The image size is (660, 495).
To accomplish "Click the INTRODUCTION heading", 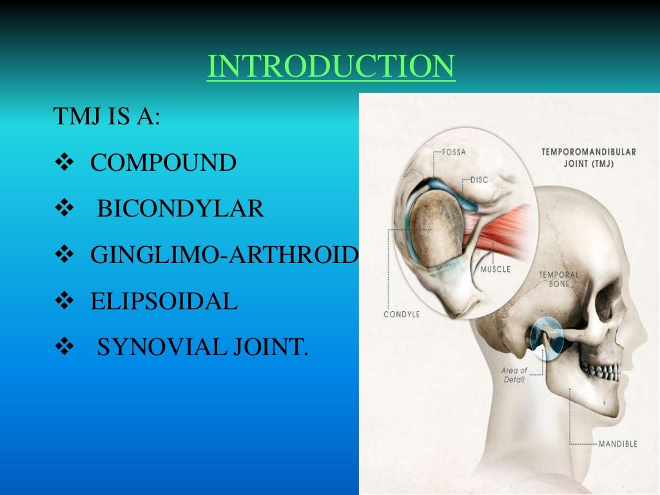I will (331, 67).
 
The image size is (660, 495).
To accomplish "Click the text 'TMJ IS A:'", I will (106, 118).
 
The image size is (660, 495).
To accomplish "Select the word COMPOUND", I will (163, 163).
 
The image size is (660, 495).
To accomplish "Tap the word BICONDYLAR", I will (180, 209).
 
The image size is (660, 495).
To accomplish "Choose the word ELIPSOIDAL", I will (164, 301).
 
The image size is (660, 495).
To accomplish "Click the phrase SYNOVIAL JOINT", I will (202, 347).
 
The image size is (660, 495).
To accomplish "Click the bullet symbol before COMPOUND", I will (66, 164).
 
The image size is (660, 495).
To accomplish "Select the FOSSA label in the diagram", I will (454, 153).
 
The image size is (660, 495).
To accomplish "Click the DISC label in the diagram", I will (479, 180).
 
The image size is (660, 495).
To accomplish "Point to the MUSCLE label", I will (495, 269).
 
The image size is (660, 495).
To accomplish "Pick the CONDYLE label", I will (402, 314).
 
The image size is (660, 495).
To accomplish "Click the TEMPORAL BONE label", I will (559, 279).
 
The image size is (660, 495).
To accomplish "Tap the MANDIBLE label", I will (617, 443).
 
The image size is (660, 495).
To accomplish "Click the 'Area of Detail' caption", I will (514, 375).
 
